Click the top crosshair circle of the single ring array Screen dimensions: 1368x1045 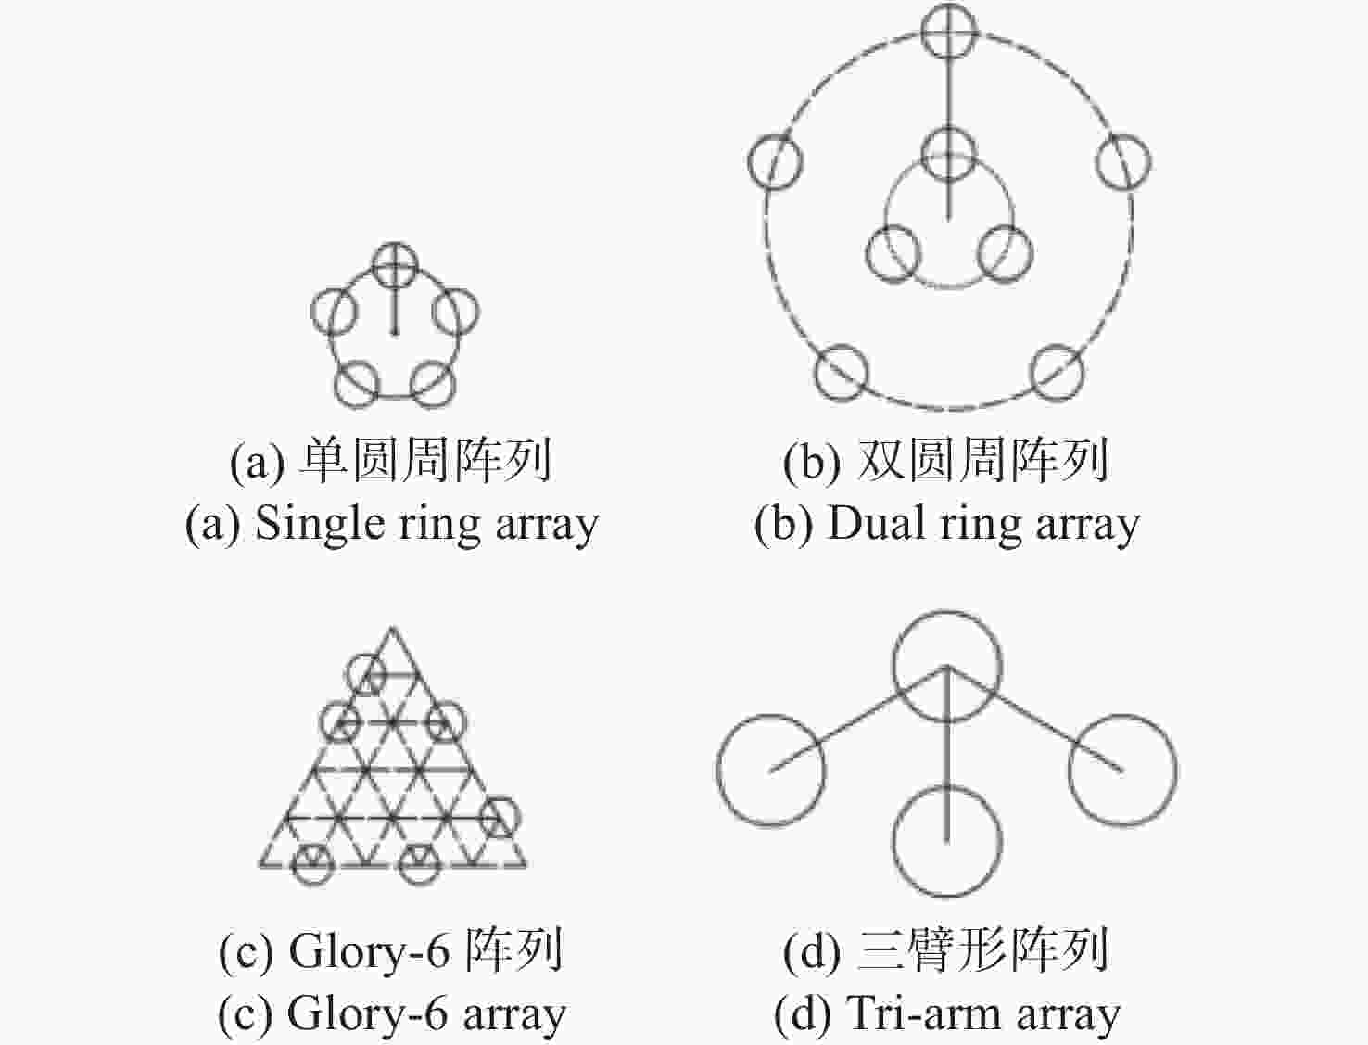pos(395,265)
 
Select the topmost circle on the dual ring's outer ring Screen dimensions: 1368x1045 pos(948,31)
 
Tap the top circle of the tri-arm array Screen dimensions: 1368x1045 pos(947,666)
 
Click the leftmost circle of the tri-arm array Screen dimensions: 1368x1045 pos(771,770)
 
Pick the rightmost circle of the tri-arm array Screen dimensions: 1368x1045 pos(1123,770)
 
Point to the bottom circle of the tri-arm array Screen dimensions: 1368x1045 pos(947,841)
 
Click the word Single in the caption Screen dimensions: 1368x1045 pos(319,525)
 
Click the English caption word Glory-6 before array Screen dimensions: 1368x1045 pos(368,1013)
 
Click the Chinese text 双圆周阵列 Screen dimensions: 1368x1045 pos(983,460)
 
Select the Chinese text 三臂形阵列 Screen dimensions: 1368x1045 pos(983,950)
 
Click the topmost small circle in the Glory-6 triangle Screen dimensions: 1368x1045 pos(366,675)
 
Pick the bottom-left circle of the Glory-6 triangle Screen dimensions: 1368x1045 pos(313,864)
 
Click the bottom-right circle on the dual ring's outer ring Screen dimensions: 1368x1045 pos(1057,372)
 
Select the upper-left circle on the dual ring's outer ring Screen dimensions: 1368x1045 pos(775,160)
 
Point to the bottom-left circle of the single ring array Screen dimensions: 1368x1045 pos(357,385)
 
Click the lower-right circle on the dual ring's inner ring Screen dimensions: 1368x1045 pos(1005,253)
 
